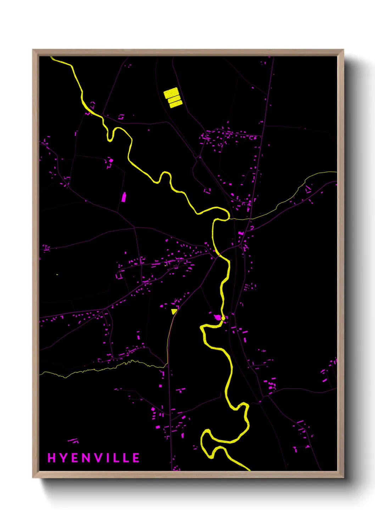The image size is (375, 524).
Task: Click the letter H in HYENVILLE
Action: [x=52, y=458]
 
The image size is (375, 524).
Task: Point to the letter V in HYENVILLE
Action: [x=100, y=458]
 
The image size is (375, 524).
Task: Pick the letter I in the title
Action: [x=109, y=458]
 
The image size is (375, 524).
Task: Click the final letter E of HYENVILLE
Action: [x=136, y=458]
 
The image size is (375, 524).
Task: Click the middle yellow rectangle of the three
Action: [x=174, y=99]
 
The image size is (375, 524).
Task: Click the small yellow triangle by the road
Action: [x=174, y=311]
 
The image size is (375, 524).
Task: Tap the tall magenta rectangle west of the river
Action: [x=124, y=197]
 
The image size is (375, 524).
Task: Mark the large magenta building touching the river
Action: [x=218, y=317]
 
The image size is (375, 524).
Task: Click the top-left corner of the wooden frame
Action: [x=33, y=50]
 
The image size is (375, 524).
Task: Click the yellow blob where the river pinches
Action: [x=223, y=318]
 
